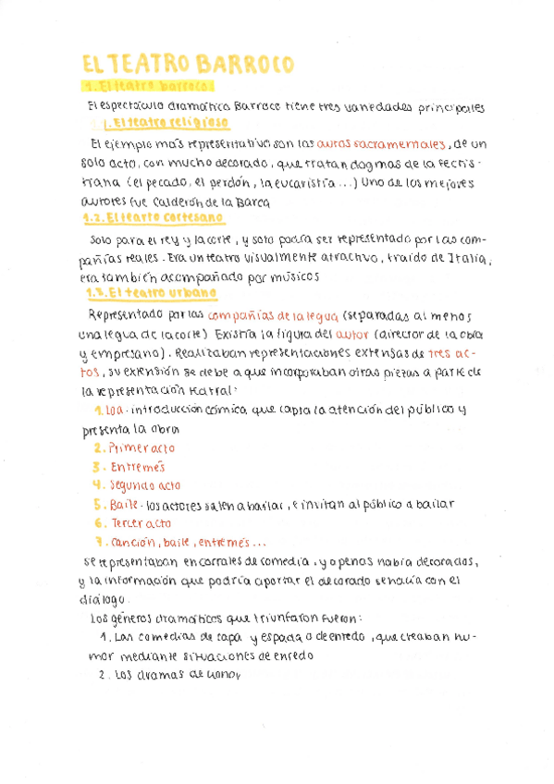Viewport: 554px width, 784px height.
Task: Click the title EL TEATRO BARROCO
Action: point(188,64)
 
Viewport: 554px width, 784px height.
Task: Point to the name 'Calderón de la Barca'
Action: point(219,201)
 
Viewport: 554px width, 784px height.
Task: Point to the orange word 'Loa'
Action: point(115,410)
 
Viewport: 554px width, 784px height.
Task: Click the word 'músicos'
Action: point(294,276)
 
